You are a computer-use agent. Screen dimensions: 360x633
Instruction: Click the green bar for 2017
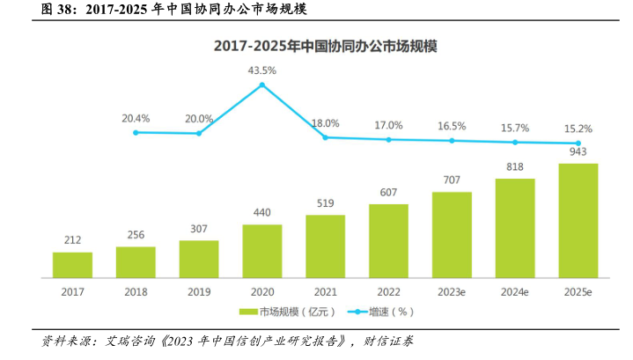click(72, 265)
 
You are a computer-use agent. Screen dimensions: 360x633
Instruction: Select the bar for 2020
click(262, 251)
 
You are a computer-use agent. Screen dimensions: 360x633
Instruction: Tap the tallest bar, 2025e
click(578, 220)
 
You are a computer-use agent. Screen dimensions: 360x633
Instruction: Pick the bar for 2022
click(388, 240)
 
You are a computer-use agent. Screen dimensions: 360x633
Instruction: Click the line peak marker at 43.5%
click(261, 84)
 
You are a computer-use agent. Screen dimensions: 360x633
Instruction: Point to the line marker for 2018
click(136, 133)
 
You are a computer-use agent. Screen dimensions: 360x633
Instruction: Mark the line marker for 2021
click(325, 137)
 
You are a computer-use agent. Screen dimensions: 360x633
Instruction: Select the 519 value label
click(325, 204)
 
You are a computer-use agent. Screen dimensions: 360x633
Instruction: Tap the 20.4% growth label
click(136, 118)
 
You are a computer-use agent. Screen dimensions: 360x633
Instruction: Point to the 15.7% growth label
click(515, 128)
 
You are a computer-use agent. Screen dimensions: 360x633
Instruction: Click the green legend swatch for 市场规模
click(247, 312)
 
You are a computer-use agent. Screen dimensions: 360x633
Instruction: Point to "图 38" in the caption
click(32, 11)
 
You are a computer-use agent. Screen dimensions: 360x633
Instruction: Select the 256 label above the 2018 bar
click(136, 235)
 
